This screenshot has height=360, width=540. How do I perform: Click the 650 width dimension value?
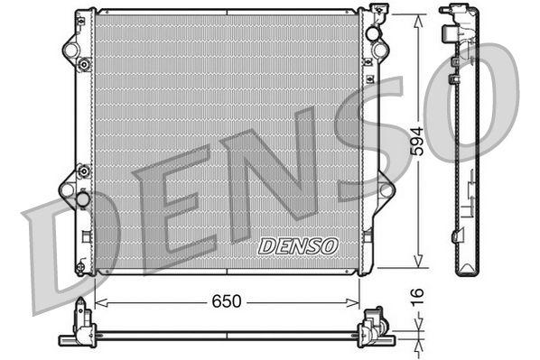tap(227, 301)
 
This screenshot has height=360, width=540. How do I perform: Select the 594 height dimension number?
tap(416, 143)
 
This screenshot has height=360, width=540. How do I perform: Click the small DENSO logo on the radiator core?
tap(297, 245)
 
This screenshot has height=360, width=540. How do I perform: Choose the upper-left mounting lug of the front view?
tap(70, 46)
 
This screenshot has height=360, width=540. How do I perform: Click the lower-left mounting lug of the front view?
tap(69, 190)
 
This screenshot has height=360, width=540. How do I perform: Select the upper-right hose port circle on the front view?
tap(373, 33)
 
